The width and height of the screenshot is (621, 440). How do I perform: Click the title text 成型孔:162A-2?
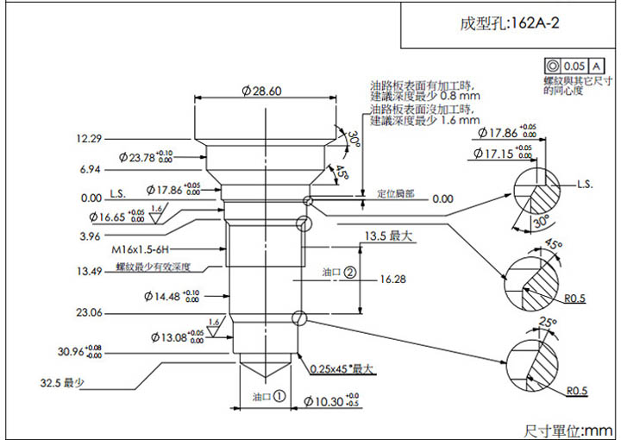coord(510,23)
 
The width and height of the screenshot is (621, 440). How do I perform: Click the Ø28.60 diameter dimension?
coord(262,91)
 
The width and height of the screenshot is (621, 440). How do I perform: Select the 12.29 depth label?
coord(89,139)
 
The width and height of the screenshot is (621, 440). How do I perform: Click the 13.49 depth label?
coord(89,271)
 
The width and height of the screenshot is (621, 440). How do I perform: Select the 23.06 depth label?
coord(89,312)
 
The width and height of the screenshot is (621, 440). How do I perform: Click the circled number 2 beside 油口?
coord(350,272)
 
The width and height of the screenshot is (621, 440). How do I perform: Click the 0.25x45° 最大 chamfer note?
coord(342,369)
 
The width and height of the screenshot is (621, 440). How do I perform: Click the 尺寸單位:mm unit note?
coord(568,430)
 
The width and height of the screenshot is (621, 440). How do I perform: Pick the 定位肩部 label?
coord(396,195)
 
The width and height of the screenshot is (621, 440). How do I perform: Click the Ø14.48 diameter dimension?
coord(171,297)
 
